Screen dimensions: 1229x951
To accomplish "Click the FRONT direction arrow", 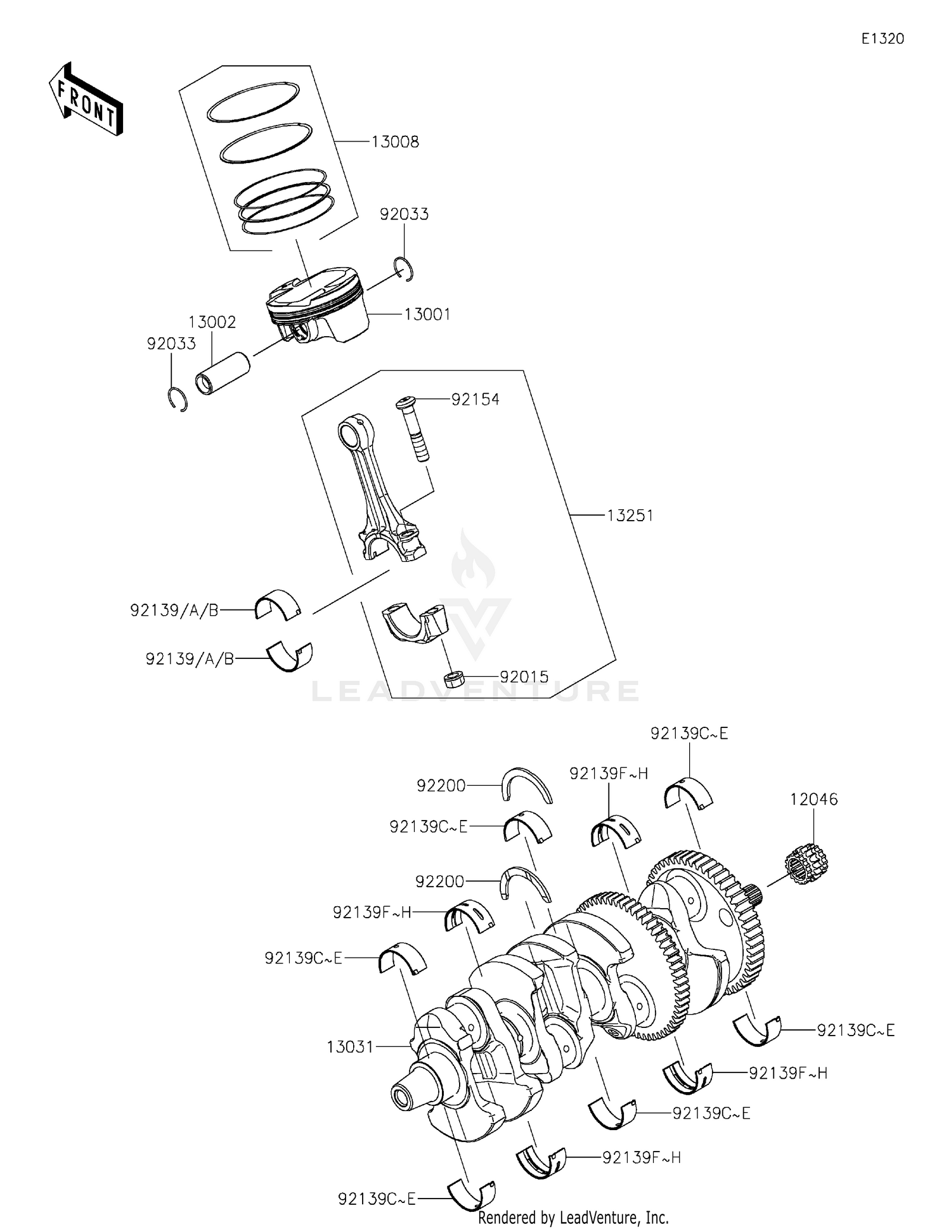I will [x=86, y=100].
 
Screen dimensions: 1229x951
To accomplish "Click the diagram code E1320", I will [x=883, y=39].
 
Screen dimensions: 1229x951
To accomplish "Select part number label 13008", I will [x=395, y=142].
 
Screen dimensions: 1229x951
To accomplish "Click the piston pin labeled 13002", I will [x=222, y=374].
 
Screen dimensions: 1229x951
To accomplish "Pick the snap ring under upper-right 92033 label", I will [x=404, y=268].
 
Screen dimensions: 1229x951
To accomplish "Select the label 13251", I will [x=630, y=516].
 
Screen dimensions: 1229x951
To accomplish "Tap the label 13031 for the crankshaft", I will [x=350, y=1046].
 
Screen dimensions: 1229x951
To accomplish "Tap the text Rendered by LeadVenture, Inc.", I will [x=573, y=1217].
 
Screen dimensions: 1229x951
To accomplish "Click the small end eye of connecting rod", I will [x=351, y=432].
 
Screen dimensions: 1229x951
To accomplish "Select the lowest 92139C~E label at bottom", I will [x=377, y=1199].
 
